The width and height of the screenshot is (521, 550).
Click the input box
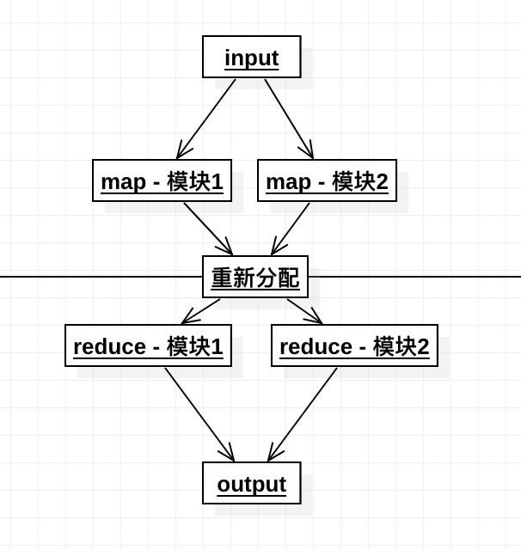tap(252, 57)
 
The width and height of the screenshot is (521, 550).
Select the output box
tap(252, 483)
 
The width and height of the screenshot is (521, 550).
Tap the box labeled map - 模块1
tap(162, 180)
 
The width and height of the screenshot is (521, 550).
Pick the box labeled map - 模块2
tap(327, 180)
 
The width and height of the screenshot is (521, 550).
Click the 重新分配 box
tap(255, 277)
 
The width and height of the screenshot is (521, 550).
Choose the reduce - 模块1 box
tap(148, 345)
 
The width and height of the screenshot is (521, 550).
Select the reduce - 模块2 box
tap(354, 345)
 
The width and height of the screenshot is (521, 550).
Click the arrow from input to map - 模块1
tap(206, 119)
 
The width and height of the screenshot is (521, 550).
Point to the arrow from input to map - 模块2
tap(289, 119)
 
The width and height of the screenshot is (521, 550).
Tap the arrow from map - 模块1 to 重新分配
tap(208, 229)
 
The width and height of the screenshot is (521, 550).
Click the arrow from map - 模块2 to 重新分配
tap(290, 229)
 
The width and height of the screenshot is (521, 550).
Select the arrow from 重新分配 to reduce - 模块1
tap(200, 311)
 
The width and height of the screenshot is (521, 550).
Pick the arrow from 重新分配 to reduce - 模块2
tap(304, 311)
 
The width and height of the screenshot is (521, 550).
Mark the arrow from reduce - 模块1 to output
tap(199, 414)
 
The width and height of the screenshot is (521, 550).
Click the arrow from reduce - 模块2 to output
tap(302, 414)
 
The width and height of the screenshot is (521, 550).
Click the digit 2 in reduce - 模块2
tap(423, 346)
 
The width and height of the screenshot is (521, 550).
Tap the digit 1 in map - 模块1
tap(217, 181)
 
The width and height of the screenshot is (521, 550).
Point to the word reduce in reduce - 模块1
tap(109, 346)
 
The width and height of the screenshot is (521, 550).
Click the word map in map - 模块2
tap(288, 183)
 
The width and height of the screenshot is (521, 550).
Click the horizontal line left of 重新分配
tap(101, 277)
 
